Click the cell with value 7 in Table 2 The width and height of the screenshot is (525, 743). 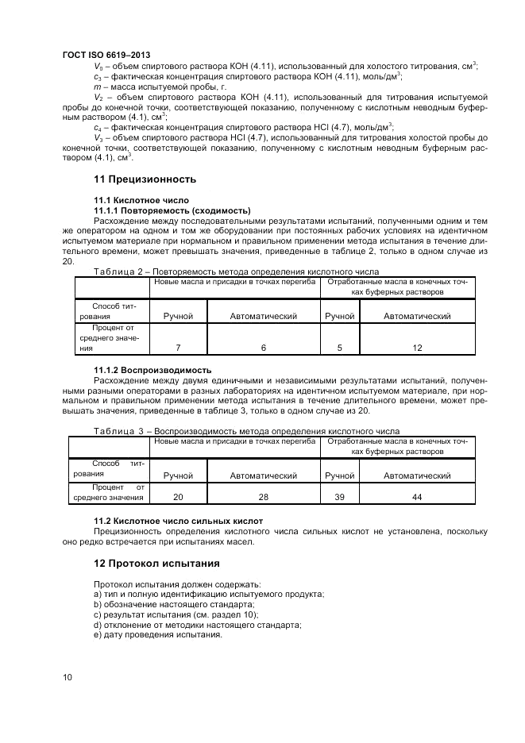click(x=178, y=348)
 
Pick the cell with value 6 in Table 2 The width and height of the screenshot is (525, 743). click(x=263, y=348)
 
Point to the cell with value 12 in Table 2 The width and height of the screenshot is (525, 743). click(x=417, y=348)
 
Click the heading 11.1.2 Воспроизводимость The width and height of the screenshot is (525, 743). click(x=152, y=370)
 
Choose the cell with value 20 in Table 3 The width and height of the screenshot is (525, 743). click(x=178, y=497)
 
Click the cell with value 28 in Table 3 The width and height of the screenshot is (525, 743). click(x=263, y=497)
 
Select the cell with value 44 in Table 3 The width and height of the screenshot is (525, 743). click(x=417, y=497)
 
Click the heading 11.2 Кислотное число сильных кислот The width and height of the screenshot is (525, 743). click(x=179, y=521)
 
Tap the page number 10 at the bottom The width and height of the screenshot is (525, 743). click(x=68, y=677)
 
